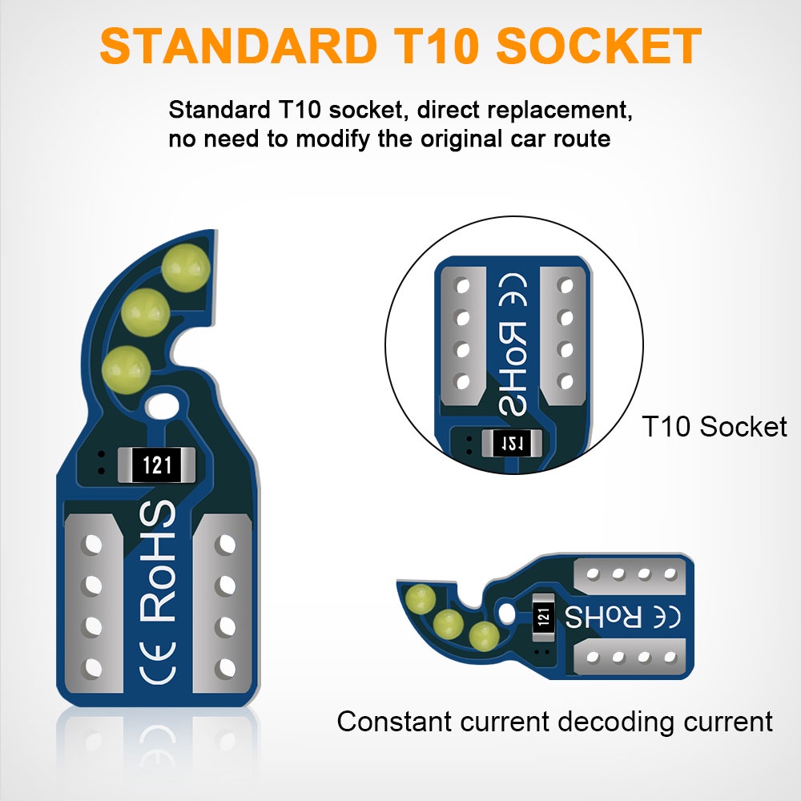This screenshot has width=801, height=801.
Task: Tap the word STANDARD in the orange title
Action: tap(219, 47)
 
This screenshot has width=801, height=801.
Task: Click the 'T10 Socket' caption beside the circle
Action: tap(714, 426)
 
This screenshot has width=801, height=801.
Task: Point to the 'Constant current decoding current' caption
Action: tap(554, 721)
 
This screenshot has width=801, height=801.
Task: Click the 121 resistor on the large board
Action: tap(156, 465)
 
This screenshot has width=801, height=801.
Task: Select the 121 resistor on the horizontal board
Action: tap(544, 617)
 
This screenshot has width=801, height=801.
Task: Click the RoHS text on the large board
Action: tap(158, 561)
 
